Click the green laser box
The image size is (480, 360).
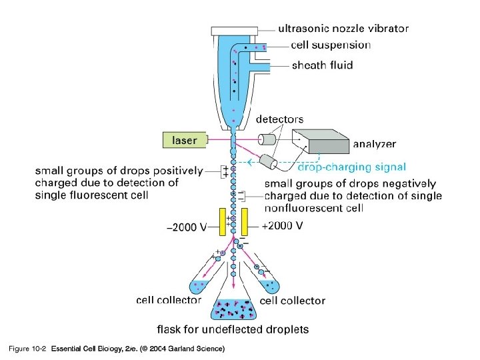(x=185, y=140)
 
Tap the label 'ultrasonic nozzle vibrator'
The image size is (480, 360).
(x=343, y=29)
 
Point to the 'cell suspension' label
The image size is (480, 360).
(x=331, y=45)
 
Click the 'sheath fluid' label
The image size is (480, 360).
(x=322, y=65)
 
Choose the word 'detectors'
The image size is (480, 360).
(x=280, y=119)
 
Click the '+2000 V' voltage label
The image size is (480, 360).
(x=283, y=226)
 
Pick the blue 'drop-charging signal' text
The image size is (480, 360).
(x=351, y=167)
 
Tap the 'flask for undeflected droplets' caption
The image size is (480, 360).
(x=233, y=329)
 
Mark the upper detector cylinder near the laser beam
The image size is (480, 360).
(x=268, y=140)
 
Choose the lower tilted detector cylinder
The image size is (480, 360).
(x=268, y=162)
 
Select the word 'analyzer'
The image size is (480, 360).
(x=374, y=143)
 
